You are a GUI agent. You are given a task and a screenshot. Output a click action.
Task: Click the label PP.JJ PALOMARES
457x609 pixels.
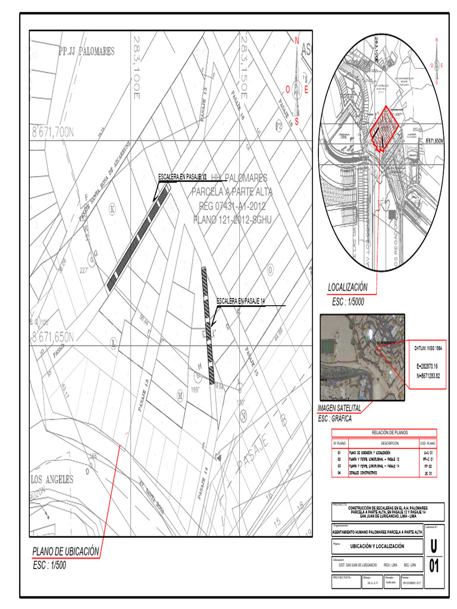(x=87, y=52)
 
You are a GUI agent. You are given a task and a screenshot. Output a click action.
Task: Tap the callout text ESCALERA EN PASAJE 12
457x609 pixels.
(x=182, y=177)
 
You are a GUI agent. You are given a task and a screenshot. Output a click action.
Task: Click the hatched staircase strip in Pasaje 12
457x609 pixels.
(x=138, y=237)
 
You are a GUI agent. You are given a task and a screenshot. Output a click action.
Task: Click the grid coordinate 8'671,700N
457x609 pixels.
(x=52, y=132)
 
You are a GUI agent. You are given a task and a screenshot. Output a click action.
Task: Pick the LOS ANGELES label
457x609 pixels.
(x=52, y=479)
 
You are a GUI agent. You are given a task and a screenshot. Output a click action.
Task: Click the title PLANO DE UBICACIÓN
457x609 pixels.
(x=65, y=551)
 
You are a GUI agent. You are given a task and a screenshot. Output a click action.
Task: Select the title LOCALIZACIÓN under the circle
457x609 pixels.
(x=348, y=287)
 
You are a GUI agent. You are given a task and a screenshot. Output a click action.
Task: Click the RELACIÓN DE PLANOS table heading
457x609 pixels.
(x=384, y=432)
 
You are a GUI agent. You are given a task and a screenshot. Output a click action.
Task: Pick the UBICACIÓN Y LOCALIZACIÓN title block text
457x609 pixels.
(x=377, y=546)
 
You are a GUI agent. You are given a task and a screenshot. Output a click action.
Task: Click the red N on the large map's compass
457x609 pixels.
(x=296, y=40)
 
